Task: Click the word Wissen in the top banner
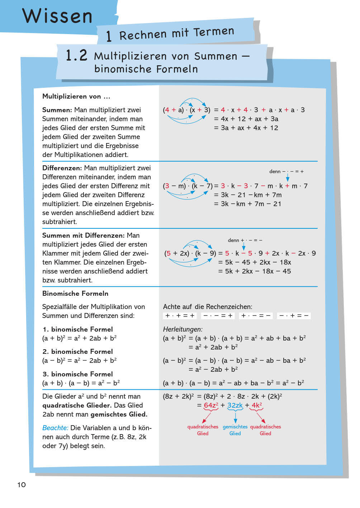[57, 16]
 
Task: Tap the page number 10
[22, 485]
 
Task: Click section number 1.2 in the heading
[76, 56]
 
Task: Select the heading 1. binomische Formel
[77, 329]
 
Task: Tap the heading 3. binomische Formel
[77, 374]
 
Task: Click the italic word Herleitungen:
[183, 329]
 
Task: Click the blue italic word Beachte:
[55, 428]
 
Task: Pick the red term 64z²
[211, 405]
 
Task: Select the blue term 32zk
[235, 405]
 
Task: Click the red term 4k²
[257, 405]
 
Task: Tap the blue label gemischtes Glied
[235, 430]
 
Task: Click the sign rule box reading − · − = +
[218, 316]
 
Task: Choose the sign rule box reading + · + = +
[180, 316]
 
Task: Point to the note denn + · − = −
[245, 240]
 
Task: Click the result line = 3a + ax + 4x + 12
[246, 128]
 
